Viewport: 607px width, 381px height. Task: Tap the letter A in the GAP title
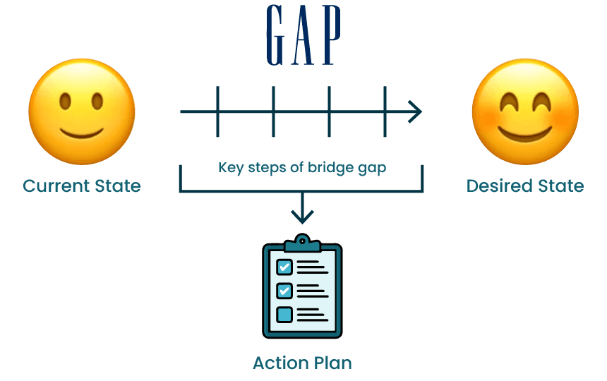(303, 36)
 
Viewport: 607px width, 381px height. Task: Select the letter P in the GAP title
(329, 36)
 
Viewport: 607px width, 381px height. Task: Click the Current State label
(82, 186)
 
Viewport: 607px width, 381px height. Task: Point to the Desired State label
(525, 186)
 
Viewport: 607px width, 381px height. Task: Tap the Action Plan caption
(302, 363)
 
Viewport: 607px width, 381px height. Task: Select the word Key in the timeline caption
(229, 169)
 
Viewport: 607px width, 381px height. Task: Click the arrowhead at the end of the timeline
(416, 111)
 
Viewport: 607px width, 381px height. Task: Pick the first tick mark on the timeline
(217, 111)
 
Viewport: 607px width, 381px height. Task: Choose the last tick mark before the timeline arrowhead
(385, 111)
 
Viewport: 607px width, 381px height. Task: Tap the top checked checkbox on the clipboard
(284, 267)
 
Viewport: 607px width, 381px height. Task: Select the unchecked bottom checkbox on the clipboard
(284, 314)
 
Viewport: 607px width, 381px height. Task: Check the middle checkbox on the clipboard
(284, 291)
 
